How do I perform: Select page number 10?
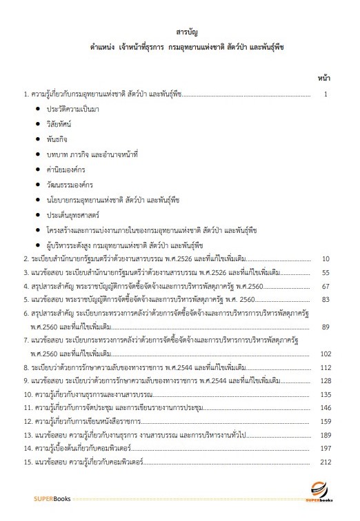[x=327, y=259]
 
